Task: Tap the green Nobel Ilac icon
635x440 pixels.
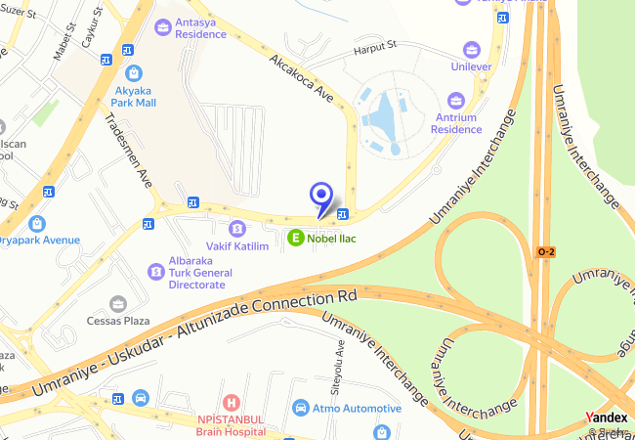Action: pos(295,236)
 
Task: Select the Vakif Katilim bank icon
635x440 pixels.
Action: pos(236,227)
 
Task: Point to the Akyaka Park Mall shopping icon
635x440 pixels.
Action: pos(133,71)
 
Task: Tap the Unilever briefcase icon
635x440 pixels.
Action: pos(472,48)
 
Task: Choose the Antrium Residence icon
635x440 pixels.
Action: pos(455,100)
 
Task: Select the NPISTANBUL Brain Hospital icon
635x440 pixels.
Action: pos(231,402)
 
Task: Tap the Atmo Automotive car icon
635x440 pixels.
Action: pos(301,408)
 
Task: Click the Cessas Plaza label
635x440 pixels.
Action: pos(118,320)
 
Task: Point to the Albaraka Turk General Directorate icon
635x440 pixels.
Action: pos(154,271)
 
